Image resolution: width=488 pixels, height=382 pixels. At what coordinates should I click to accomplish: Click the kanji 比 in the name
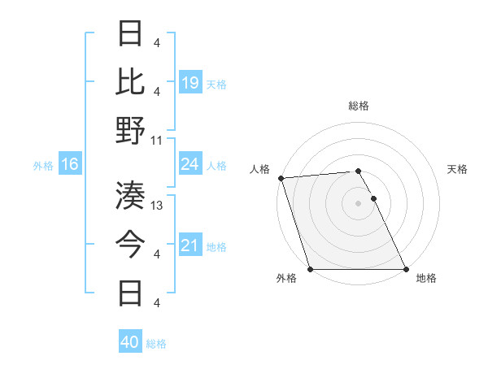pos(132,81)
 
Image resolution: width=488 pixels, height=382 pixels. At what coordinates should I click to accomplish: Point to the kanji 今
pos(132,243)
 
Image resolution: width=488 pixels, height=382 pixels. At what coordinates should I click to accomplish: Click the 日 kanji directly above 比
pos(132,33)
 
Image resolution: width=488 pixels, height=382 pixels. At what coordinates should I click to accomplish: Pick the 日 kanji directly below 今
pos(132,292)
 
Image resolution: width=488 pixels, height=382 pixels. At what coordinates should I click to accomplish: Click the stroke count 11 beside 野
pos(157,140)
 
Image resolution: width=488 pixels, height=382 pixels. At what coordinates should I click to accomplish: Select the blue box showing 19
pos(190,82)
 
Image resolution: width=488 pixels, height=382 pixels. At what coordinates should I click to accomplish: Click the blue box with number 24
pos(190,165)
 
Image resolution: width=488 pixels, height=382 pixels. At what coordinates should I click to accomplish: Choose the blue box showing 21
pos(190,245)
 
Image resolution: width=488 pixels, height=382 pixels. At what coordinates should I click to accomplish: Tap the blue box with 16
pos(69,165)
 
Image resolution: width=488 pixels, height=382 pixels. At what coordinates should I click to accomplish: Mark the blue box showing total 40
pos(129,342)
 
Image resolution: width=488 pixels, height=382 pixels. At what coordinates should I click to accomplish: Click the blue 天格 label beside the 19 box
pos(216,84)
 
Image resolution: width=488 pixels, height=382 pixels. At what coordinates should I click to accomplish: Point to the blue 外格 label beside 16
pos(43,166)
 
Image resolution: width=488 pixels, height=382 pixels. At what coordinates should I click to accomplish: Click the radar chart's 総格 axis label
pos(358,106)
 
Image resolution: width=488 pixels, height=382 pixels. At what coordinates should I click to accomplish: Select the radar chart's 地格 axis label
pos(426,279)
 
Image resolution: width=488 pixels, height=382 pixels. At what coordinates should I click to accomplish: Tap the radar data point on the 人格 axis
pos(281,178)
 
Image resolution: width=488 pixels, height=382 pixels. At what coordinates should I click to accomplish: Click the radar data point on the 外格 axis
pos(310,269)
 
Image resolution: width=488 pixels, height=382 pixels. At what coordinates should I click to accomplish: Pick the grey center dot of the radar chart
pos(358,202)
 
